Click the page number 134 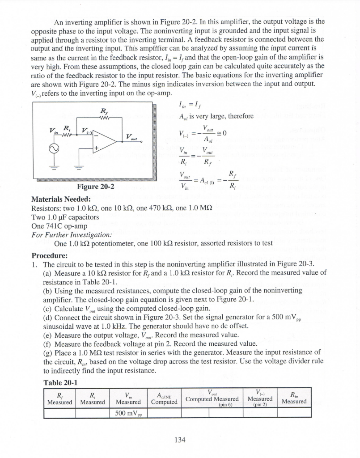coord(180,440)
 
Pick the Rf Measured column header coord(59,398)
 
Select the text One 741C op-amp coord(56,226)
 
